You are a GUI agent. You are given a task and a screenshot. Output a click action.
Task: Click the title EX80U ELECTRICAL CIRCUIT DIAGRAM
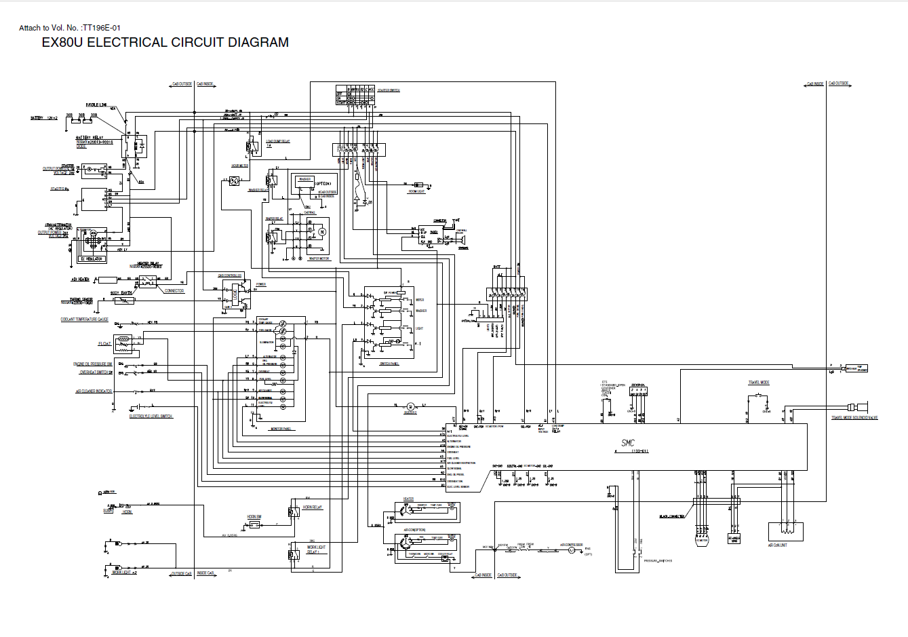click(x=165, y=43)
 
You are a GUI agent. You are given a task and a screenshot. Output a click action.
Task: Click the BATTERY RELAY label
click(x=89, y=137)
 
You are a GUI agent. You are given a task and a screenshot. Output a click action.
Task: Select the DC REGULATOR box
click(x=92, y=258)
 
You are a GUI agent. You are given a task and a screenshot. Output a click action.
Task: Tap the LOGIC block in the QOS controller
click(x=235, y=295)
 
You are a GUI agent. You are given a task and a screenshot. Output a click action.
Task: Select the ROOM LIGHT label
click(x=416, y=192)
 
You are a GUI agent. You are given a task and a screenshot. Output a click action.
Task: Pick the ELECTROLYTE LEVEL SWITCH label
click(x=151, y=416)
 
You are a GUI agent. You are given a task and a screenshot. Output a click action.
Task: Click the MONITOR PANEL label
click(x=280, y=429)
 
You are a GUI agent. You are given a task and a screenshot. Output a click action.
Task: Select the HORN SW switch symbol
click(x=254, y=524)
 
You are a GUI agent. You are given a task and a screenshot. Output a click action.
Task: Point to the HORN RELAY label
click(x=313, y=507)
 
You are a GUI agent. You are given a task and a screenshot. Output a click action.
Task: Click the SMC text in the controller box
click(x=628, y=443)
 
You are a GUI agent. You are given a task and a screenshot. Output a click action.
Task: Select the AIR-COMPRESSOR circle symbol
click(x=571, y=551)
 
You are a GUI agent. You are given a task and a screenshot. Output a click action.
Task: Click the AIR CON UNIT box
click(x=786, y=531)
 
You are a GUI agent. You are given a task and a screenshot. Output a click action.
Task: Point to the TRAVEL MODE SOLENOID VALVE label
click(x=854, y=418)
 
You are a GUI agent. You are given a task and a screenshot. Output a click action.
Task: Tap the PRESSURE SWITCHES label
click(x=657, y=561)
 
